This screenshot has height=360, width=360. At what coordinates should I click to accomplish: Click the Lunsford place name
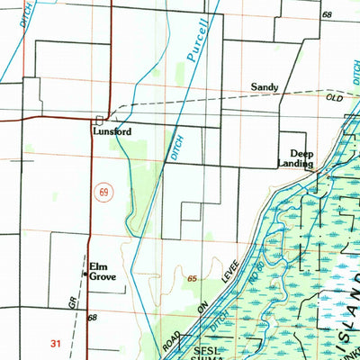pos(112,131)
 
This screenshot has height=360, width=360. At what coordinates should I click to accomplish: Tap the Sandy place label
pos(265,88)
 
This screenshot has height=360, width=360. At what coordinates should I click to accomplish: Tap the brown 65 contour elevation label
pos(193,281)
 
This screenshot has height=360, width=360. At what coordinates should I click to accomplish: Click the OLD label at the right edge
pos(334,96)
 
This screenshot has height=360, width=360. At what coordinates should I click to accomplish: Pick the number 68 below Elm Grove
pos(92,318)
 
